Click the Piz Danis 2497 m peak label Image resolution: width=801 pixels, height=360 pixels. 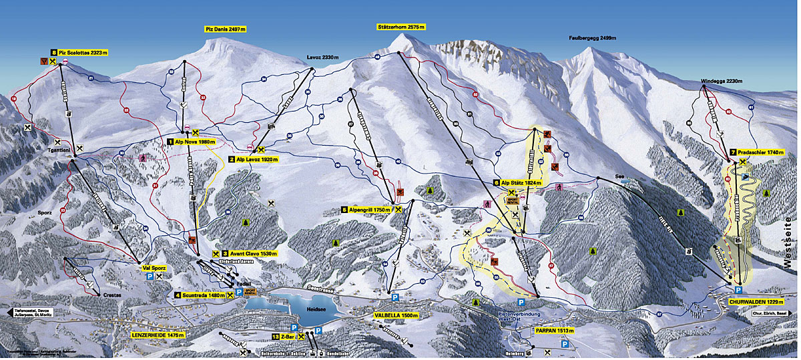226,29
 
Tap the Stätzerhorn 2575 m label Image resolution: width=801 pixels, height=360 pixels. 400,27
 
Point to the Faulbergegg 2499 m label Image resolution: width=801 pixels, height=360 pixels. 593,38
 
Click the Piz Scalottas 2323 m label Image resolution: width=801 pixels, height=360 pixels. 83,51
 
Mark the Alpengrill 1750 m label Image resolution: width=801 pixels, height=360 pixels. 369,209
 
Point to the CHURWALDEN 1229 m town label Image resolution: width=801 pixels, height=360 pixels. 750,303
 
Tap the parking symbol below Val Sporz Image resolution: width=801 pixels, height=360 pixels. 150,275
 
